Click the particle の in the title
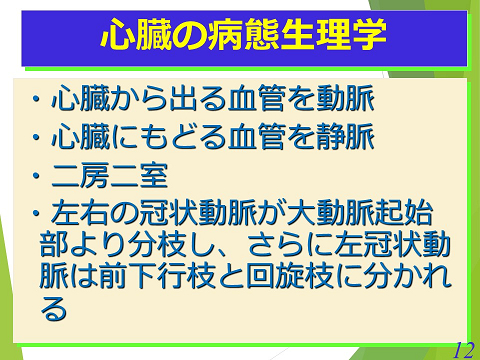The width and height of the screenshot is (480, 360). (x=189, y=37)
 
